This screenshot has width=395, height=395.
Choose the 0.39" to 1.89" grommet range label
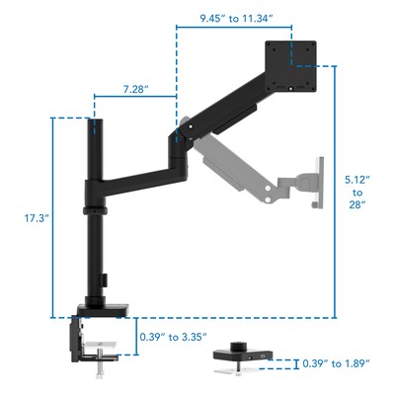pos(336,363)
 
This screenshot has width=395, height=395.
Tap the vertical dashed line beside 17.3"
pos(51,217)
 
